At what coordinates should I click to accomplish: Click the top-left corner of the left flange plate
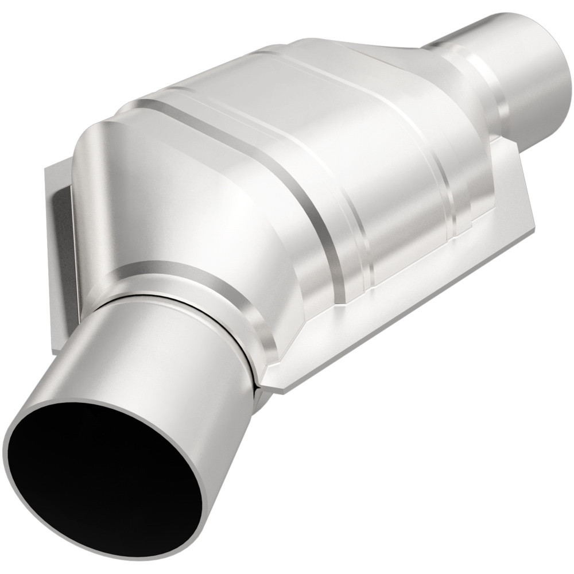[x=47, y=166]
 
